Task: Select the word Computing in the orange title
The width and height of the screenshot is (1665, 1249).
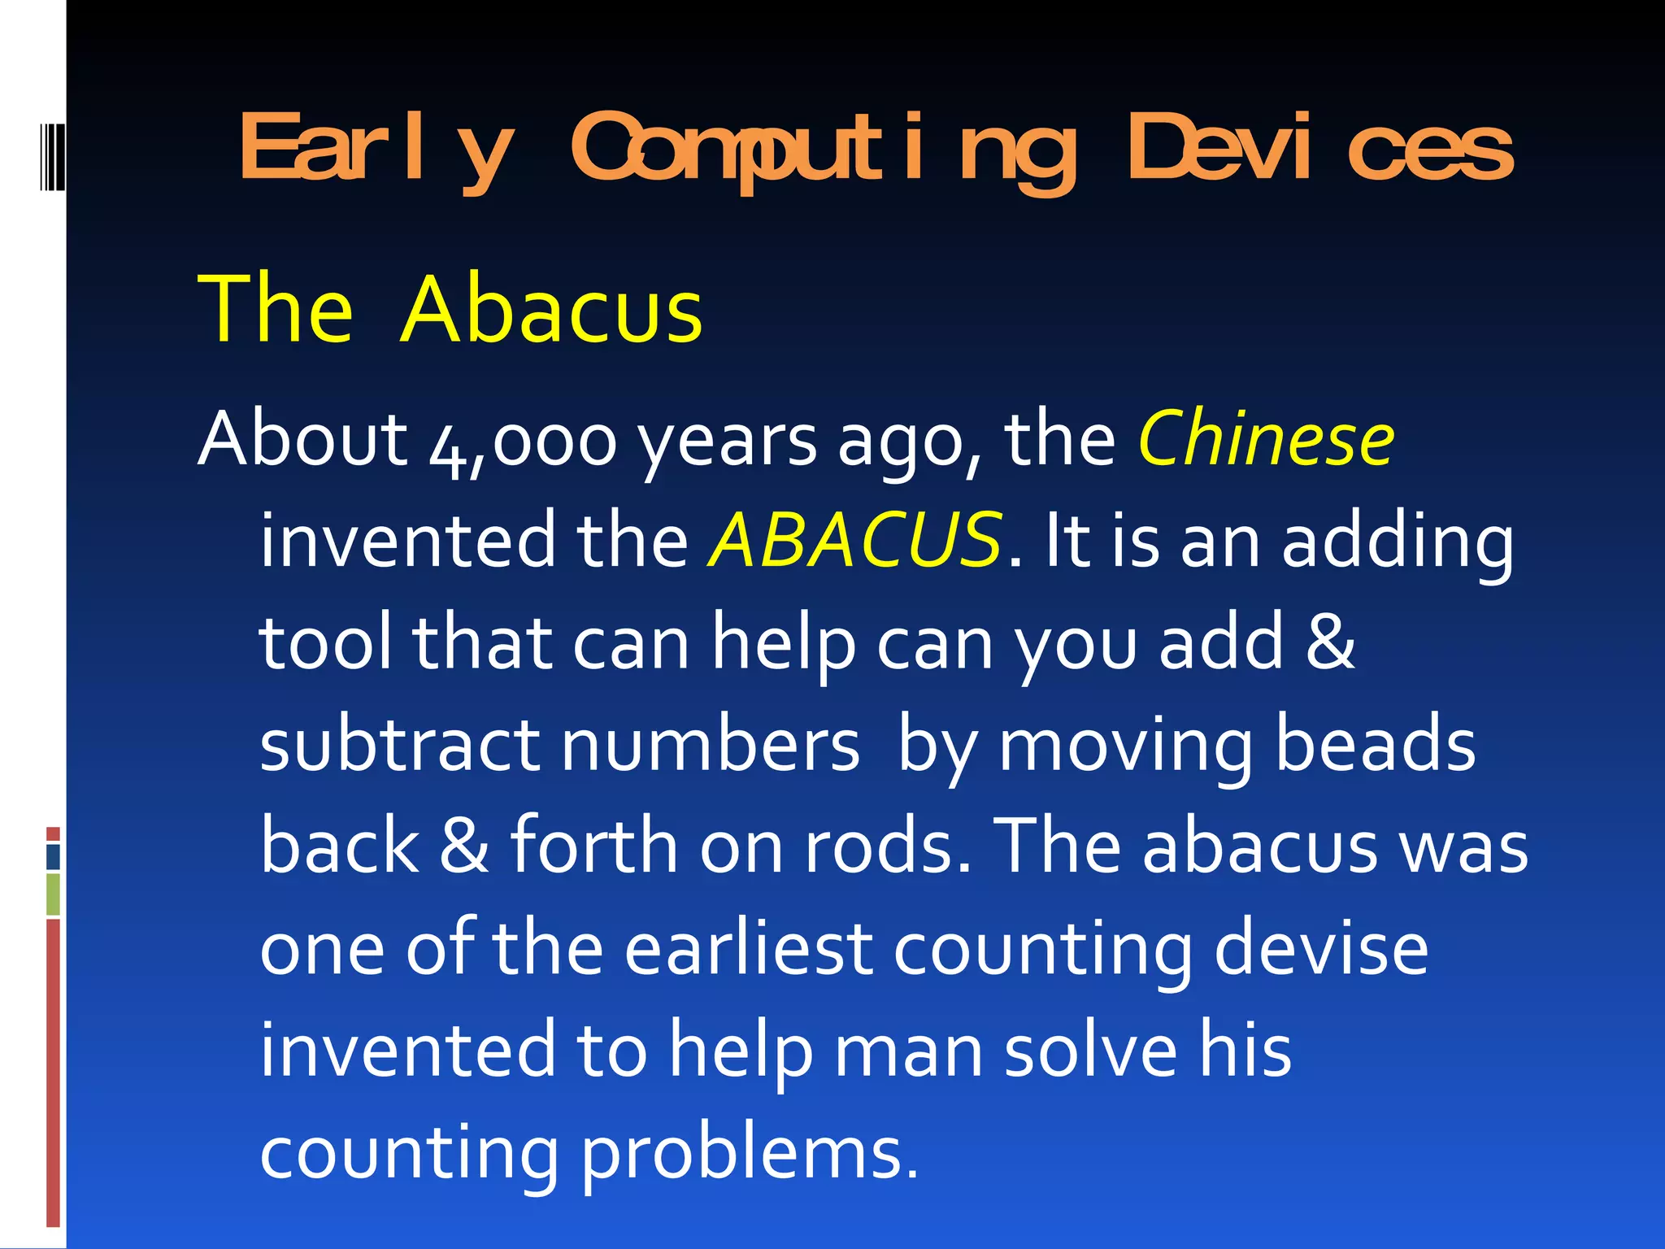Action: coord(824,150)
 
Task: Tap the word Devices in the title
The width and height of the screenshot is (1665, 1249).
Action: coord(1320,148)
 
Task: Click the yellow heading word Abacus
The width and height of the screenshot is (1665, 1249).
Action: coord(552,311)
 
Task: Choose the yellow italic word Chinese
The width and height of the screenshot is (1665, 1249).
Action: coord(1266,440)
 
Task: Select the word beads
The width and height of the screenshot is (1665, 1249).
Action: coord(1375,745)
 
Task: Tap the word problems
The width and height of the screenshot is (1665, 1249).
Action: coord(750,1153)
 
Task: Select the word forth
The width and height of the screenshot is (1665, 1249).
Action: coord(594,846)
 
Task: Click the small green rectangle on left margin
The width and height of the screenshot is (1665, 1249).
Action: coord(53,894)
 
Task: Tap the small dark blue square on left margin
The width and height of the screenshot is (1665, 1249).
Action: coord(53,857)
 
